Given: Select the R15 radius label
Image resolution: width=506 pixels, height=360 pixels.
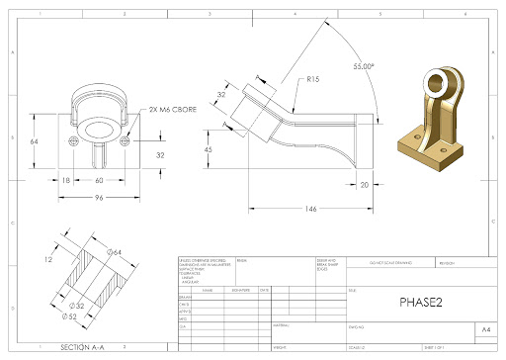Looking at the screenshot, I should click(314, 79).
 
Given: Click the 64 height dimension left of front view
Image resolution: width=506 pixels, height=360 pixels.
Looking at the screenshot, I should click(34, 142).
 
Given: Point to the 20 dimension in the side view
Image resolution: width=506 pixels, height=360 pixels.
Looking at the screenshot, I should click(364, 185).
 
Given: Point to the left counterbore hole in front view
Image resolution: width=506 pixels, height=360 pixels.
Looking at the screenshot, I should click(72, 141).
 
